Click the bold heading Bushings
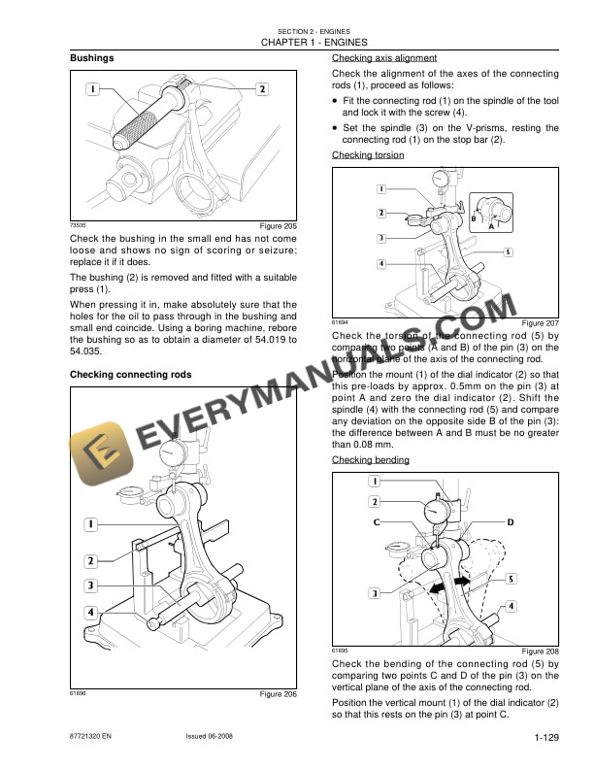click(x=92, y=58)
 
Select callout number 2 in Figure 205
click(x=262, y=89)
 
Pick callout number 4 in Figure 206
click(x=89, y=613)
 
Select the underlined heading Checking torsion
click(x=368, y=155)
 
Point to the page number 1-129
click(x=543, y=739)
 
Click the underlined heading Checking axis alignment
click(x=384, y=58)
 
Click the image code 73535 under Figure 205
click(x=78, y=224)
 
